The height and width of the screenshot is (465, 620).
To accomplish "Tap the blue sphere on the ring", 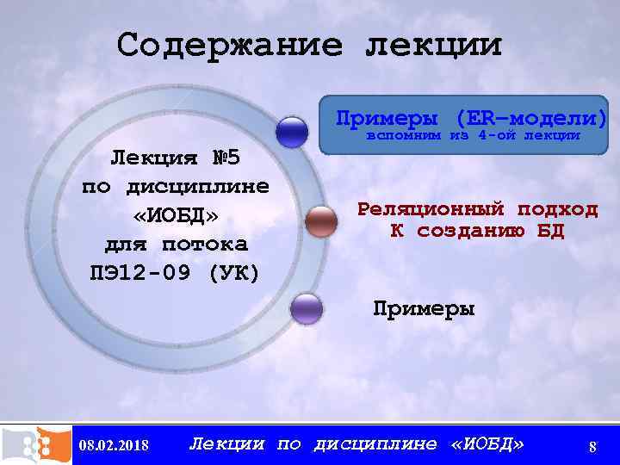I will (294, 132).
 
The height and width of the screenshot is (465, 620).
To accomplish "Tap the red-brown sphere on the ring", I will (321, 221).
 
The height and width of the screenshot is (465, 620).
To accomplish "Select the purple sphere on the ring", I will (307, 308).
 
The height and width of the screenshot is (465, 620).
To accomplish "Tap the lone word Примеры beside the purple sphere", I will (423, 308).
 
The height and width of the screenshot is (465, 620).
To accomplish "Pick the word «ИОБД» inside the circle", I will (175, 214).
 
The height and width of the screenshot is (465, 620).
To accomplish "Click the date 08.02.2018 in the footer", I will (113, 445).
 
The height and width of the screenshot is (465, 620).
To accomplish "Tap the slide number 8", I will (592, 446).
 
